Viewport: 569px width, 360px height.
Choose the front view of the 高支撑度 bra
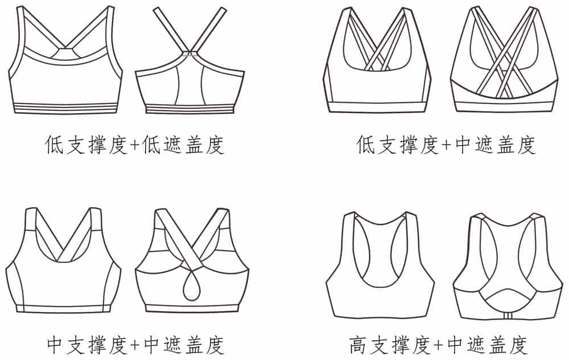click(x=380, y=267)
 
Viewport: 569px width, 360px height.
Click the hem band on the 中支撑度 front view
click(x=64, y=309)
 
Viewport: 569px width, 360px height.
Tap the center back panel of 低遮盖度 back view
click(x=190, y=85)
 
